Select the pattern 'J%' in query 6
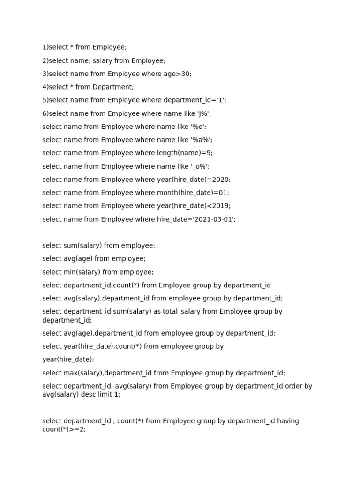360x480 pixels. (x=205, y=113)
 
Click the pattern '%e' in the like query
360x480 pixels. (x=198, y=127)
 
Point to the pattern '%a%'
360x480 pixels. (x=201, y=140)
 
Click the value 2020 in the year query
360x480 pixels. (x=221, y=180)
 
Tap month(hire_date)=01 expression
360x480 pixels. (x=193, y=193)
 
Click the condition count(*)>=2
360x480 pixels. (x=64, y=429)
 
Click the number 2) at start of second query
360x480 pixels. (x=45, y=60)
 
